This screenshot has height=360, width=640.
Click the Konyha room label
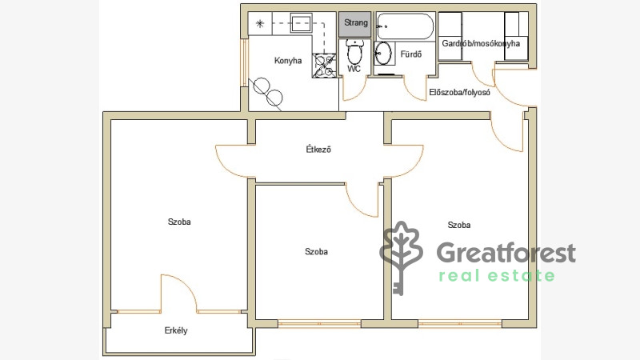coord(288,61)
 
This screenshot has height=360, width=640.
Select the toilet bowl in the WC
coord(354,51)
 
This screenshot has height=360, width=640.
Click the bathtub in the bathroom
coord(405,26)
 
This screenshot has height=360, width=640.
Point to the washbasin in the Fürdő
coord(383,53)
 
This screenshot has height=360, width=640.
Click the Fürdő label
coord(410,54)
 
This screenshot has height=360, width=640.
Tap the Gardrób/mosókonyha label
coord(481,43)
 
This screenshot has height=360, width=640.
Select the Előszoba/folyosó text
coord(459,92)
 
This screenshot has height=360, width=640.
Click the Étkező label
coord(318,150)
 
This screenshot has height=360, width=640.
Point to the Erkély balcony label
coord(176,330)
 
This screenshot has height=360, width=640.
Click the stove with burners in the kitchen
coord(325,66)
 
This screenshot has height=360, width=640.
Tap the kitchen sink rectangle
coord(302,23)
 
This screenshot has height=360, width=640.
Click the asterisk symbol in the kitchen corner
coord(259,23)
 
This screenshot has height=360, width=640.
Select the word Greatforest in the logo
coord(506,253)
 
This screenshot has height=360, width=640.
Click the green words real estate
coord(497,276)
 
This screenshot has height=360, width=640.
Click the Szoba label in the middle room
coord(316,251)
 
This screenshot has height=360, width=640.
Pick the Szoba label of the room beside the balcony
coord(179,222)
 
